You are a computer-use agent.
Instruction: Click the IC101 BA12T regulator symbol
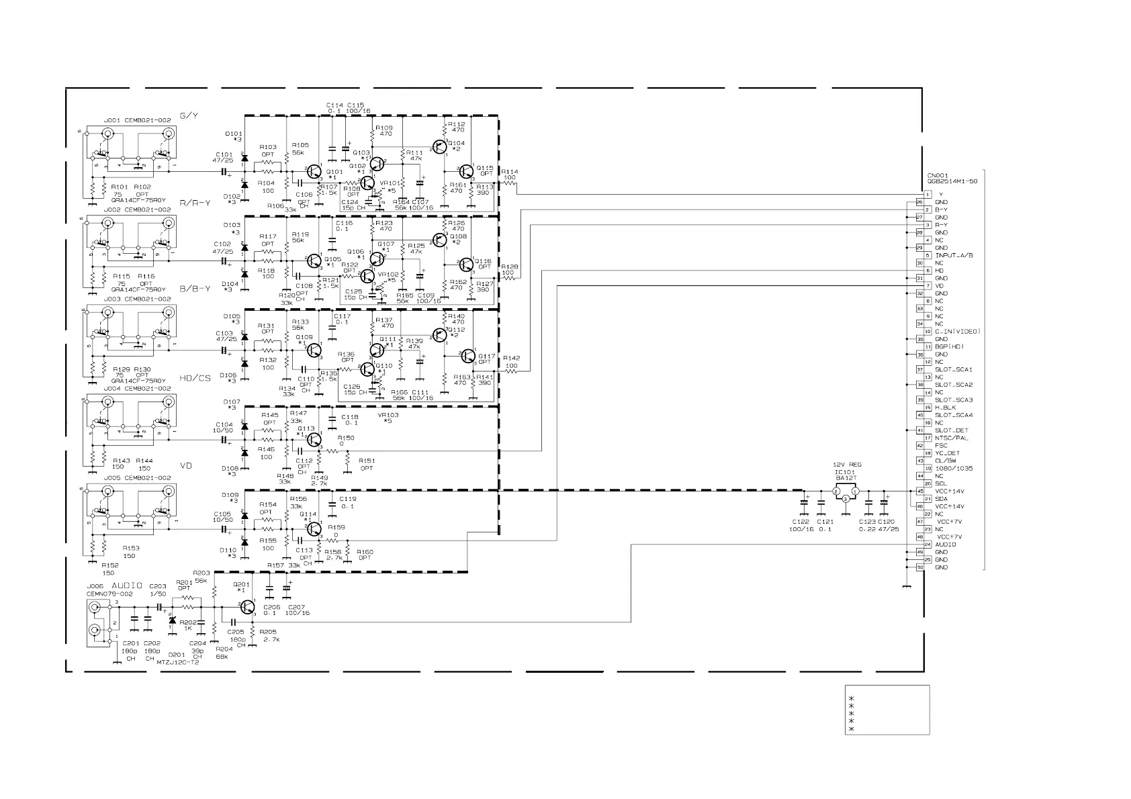click(846, 493)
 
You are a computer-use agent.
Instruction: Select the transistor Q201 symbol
click(247, 607)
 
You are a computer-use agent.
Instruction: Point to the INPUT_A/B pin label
click(954, 255)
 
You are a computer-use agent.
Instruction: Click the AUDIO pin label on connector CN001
click(946, 545)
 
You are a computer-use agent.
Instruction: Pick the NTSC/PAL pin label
click(952, 438)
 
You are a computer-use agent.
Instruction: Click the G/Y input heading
click(189, 115)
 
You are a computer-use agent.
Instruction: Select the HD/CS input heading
click(195, 378)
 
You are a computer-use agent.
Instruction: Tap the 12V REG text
click(847, 465)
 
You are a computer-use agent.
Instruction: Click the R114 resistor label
click(510, 171)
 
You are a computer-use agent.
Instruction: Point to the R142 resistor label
click(511, 359)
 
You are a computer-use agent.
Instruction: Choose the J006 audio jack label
click(95, 586)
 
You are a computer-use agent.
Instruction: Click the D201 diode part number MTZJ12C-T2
click(177, 662)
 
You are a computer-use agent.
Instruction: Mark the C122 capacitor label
click(801, 522)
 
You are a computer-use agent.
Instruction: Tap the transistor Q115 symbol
click(467, 172)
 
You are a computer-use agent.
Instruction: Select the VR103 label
click(388, 415)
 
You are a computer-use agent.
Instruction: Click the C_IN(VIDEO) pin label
click(958, 331)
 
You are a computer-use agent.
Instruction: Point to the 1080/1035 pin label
click(954, 468)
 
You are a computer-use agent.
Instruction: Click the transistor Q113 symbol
click(312, 439)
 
